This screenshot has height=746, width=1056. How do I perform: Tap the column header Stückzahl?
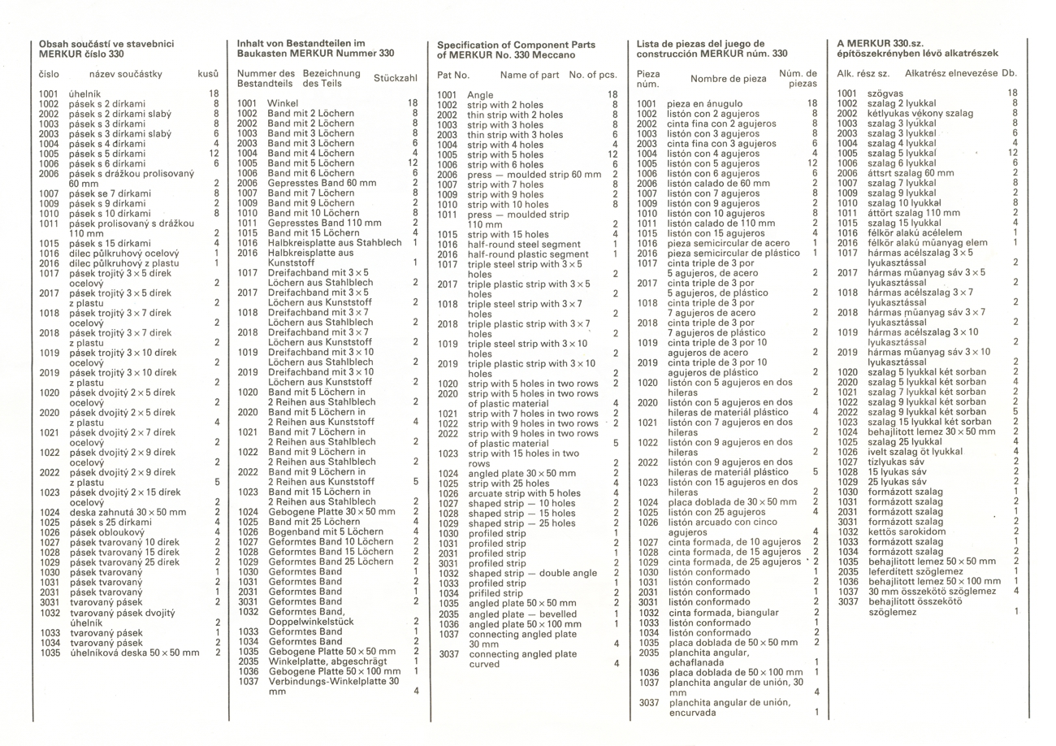pos(394,79)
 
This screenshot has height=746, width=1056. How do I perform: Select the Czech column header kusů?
pos(208,74)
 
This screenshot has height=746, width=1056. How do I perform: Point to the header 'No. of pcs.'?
pos(593,75)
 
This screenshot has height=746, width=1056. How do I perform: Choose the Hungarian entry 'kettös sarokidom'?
pos(906,531)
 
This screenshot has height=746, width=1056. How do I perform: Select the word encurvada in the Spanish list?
pos(692,713)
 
